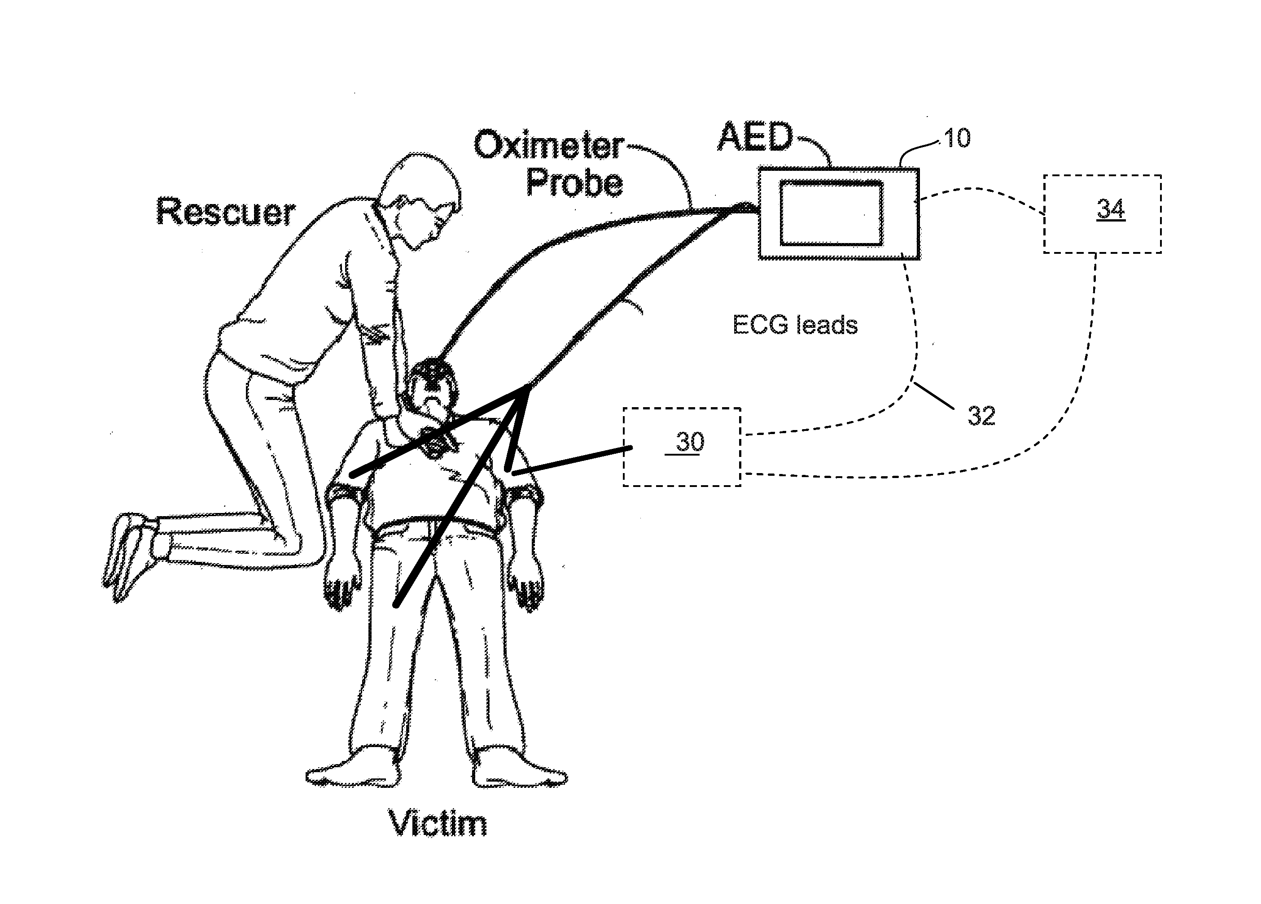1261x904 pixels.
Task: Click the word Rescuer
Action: point(225,212)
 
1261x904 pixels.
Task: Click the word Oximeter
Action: point(549,146)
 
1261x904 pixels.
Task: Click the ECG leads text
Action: point(795,325)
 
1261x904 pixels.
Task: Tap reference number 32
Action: point(981,416)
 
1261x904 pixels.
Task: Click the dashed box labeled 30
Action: point(682,447)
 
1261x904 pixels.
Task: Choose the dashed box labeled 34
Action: point(1102,214)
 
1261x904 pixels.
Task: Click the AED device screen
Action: point(831,213)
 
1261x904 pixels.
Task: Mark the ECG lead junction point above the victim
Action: point(525,387)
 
